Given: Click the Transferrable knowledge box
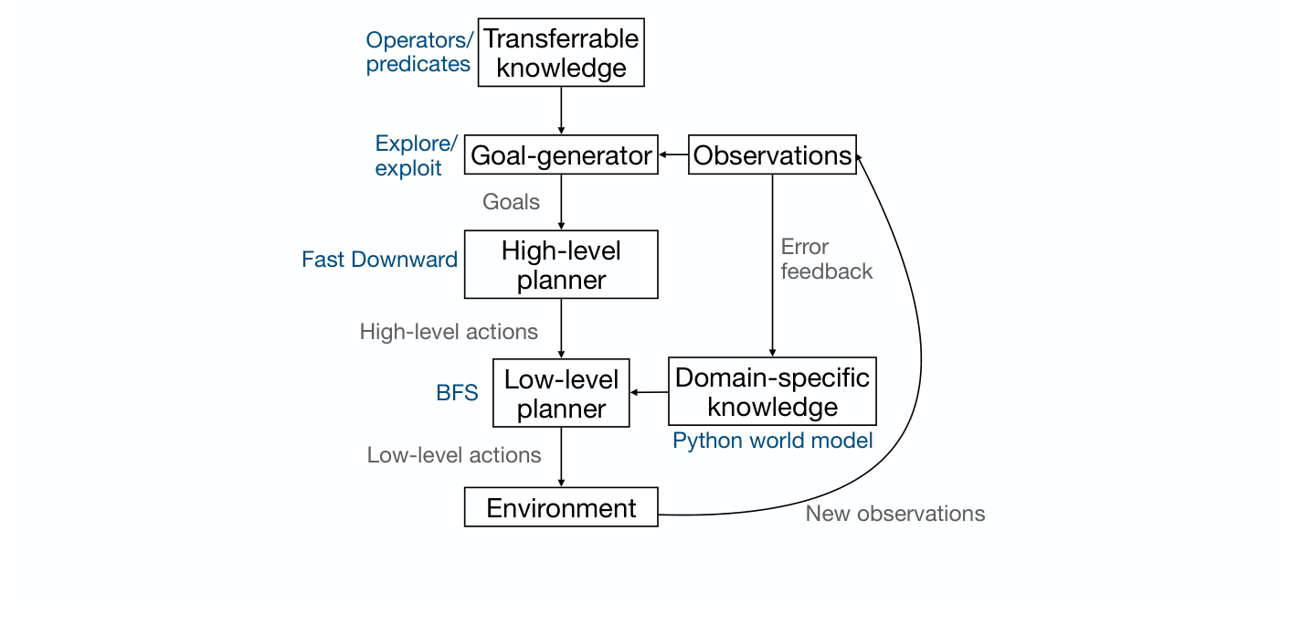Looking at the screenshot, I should (561, 53).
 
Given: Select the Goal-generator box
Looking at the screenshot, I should (561, 155).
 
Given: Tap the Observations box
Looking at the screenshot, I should (772, 155).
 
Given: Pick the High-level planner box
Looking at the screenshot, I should (561, 264).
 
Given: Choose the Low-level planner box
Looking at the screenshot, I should (561, 393).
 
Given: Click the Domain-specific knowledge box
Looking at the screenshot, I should (772, 391).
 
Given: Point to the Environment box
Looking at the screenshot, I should (561, 507).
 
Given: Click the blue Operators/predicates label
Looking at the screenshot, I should (418, 52).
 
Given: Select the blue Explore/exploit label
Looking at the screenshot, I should (416, 156).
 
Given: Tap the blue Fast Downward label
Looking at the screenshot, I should (379, 260).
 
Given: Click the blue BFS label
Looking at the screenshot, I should (457, 393).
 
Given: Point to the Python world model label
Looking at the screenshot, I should (772, 441).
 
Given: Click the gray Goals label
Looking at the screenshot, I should (511, 202).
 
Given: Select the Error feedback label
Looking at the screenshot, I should (826, 260).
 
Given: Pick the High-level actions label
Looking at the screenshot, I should (449, 331).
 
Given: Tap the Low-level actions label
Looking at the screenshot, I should (454, 455).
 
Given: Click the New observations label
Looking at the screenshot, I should (894, 514).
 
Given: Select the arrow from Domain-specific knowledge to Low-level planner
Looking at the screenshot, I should (650, 392).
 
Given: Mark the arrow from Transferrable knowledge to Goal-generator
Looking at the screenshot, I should (561, 111).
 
